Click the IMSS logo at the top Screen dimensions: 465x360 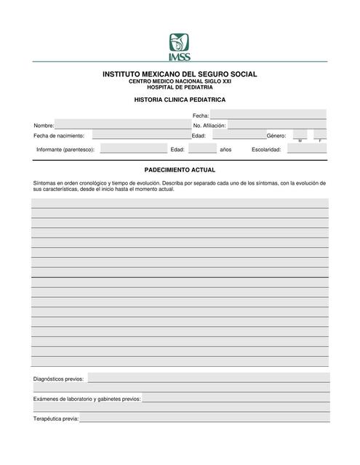(x=180, y=47)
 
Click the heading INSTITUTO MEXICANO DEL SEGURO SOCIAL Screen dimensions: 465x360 (x=180, y=74)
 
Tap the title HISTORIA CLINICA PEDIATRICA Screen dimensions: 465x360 (x=180, y=99)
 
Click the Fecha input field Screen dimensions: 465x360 (x=268, y=115)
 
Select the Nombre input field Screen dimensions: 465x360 (x=122, y=125)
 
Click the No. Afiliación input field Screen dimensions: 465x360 (x=276, y=125)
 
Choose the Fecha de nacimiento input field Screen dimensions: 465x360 (x=140, y=135)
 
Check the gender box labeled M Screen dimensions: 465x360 (x=300, y=134)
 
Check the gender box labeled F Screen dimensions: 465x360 (x=320, y=134)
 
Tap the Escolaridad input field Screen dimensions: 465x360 (x=305, y=149)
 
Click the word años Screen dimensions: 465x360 (x=225, y=150)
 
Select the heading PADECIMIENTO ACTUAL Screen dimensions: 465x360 (x=180, y=169)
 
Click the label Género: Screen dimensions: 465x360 (x=276, y=136)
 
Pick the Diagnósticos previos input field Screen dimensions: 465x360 (x=208, y=378)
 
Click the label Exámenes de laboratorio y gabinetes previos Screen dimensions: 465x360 (x=87, y=399)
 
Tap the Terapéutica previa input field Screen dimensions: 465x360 (x=204, y=418)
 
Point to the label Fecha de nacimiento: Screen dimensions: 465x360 (x=59, y=136)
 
